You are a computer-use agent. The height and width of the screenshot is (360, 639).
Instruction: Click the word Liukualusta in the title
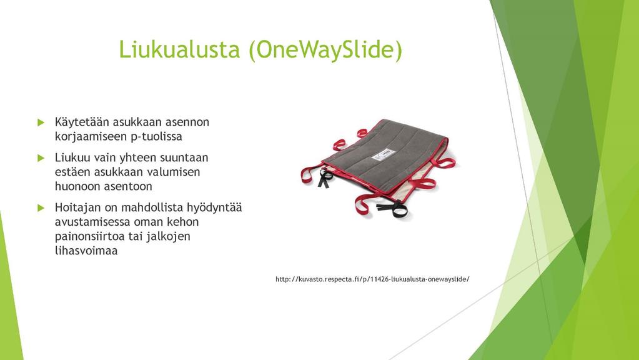[x=179, y=49]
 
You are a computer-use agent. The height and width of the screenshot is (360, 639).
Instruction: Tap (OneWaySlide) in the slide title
[x=325, y=50]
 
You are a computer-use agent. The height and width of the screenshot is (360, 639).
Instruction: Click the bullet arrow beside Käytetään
[x=41, y=122]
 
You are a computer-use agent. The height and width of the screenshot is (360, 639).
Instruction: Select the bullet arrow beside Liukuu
[x=41, y=157]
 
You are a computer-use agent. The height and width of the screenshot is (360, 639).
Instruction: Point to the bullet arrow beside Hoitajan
[x=41, y=208]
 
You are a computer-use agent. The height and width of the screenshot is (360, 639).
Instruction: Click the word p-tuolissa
[x=156, y=137]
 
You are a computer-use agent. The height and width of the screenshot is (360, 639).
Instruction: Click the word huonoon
[x=77, y=186]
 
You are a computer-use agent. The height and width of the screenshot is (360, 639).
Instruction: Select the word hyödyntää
[x=214, y=208]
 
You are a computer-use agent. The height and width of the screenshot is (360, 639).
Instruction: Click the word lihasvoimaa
[x=86, y=251]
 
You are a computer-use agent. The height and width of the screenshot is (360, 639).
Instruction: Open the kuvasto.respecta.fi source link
[x=372, y=279]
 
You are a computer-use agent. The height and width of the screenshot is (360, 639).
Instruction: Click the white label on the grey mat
[x=384, y=154]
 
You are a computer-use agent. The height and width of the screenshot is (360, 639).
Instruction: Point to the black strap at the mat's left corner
[x=325, y=178]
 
